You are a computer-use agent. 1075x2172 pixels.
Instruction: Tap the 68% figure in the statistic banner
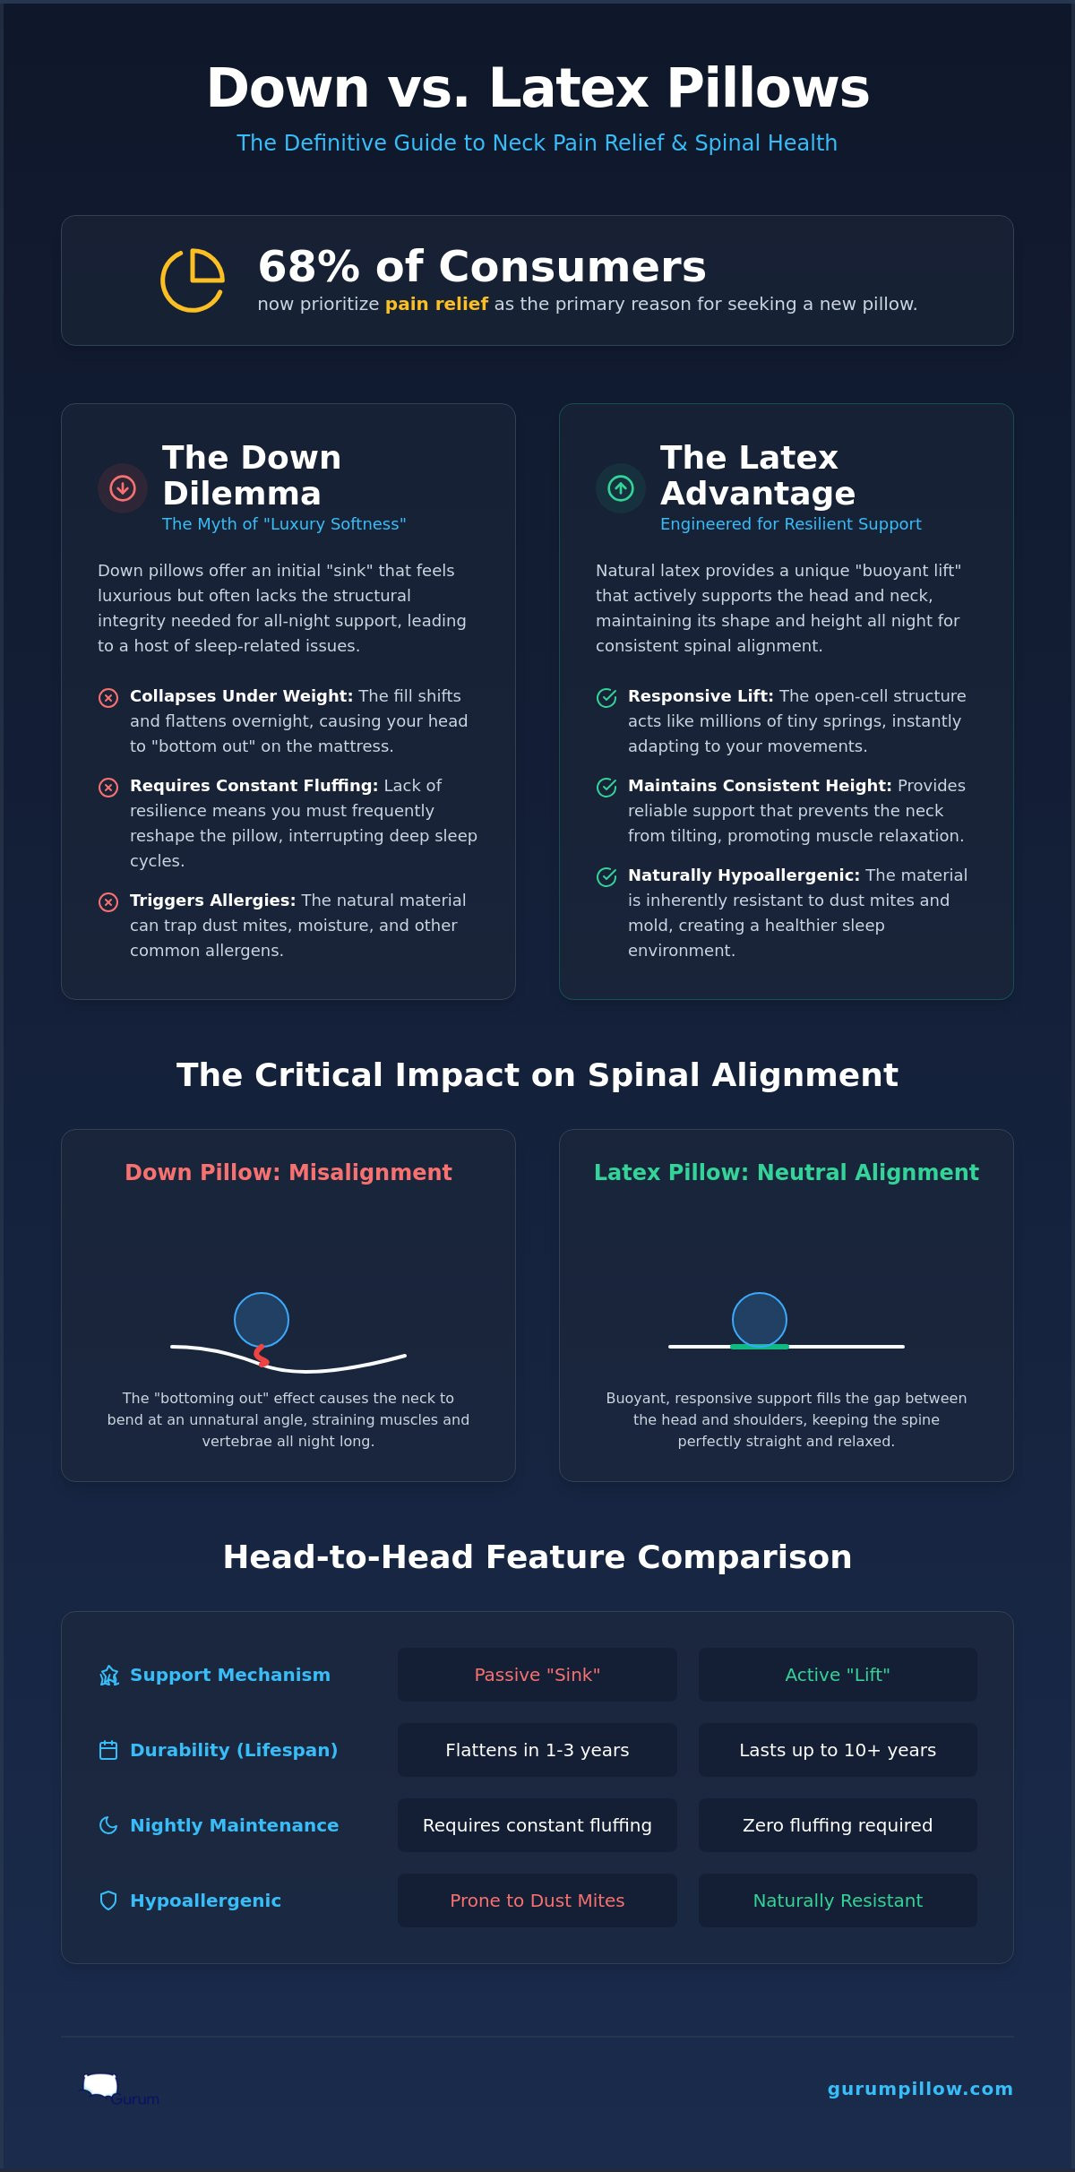(x=309, y=266)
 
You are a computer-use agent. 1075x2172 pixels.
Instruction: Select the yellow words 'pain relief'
(x=436, y=304)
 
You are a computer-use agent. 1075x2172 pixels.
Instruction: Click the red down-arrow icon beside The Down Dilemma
(x=123, y=488)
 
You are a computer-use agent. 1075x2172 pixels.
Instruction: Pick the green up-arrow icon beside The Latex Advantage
(x=621, y=488)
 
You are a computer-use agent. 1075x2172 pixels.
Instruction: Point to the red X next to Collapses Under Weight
(x=108, y=698)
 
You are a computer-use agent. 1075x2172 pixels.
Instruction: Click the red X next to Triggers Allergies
(x=108, y=902)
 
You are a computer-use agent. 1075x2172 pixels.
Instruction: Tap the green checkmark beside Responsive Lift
(x=606, y=698)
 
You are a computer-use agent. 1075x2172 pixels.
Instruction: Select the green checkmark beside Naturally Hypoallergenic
(x=606, y=877)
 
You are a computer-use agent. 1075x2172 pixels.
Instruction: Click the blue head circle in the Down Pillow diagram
(x=262, y=1320)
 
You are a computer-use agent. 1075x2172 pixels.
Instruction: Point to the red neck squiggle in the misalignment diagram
(x=262, y=1356)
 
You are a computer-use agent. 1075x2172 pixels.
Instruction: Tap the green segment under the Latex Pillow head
(x=760, y=1347)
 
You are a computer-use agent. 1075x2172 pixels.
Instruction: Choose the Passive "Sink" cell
(x=537, y=1675)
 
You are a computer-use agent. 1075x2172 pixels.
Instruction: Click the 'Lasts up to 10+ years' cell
(x=838, y=1750)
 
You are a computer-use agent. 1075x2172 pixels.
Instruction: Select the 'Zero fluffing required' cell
(x=838, y=1825)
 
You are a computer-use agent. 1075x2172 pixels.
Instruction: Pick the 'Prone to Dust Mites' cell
(x=537, y=1900)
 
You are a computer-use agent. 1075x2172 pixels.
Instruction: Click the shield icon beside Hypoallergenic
(x=108, y=1900)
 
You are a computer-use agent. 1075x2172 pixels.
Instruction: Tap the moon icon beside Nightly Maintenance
(x=108, y=1825)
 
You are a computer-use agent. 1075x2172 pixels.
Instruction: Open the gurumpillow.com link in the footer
(x=920, y=2089)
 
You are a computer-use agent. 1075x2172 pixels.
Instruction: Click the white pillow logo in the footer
(x=100, y=2085)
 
